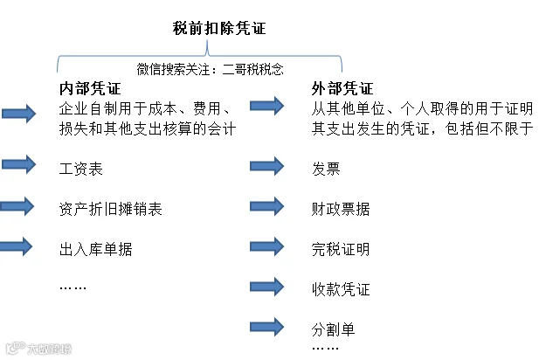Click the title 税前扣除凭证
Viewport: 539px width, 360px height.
pos(219,28)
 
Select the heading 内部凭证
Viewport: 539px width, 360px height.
pos(90,89)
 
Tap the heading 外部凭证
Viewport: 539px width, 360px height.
pos(342,89)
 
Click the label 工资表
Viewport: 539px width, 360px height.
pos(80,169)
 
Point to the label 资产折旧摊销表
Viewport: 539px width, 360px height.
pos(110,209)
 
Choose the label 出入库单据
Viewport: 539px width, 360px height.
pos(95,249)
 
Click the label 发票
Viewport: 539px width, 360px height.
pos(326,169)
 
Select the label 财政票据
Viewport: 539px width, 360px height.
pos(341,209)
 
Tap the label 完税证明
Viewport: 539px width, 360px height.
pos(341,249)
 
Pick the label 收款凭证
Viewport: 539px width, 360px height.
pos(341,289)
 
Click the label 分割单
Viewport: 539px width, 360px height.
pos(333,329)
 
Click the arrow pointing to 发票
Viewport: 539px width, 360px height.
pos(267,166)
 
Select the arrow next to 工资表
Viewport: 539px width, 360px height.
pos(19,164)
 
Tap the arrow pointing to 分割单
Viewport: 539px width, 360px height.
pos(267,327)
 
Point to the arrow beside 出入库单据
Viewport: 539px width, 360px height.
pos(16,246)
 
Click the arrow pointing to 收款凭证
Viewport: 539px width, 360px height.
pos(267,287)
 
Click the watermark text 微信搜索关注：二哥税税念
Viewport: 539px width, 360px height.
pos(210,69)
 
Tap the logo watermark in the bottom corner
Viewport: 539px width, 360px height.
pos(38,349)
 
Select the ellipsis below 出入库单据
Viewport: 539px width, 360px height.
pos(73,287)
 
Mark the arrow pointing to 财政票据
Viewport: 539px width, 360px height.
pos(267,206)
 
